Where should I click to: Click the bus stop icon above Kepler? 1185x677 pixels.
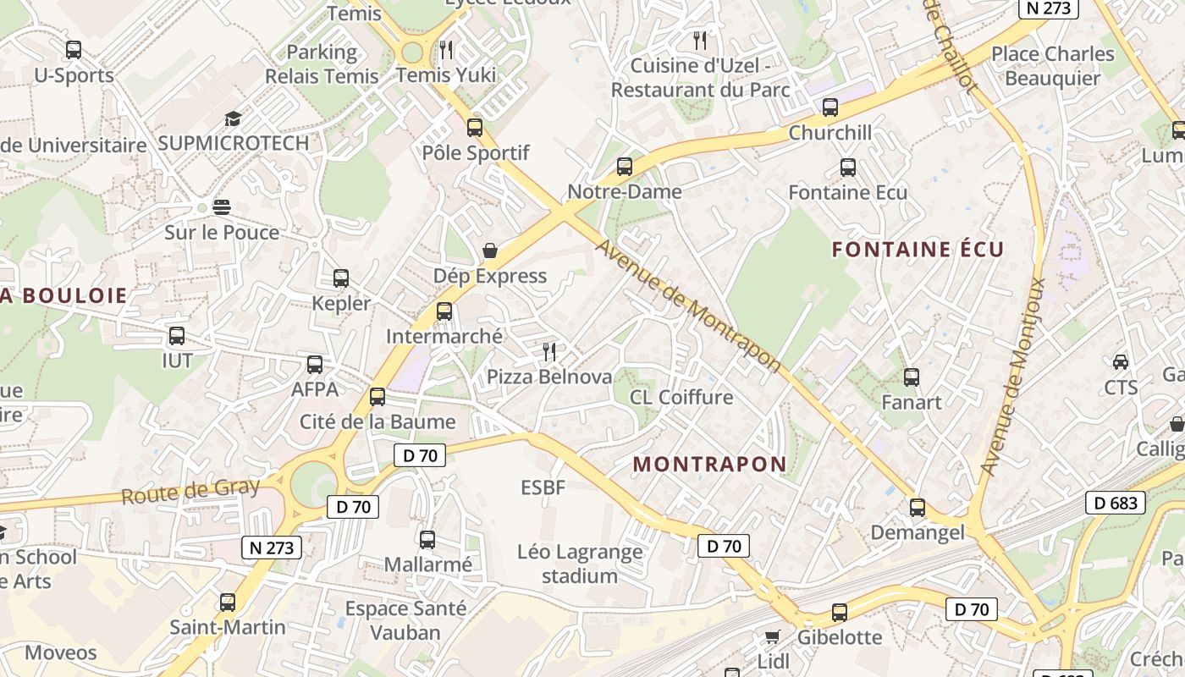[x=341, y=278]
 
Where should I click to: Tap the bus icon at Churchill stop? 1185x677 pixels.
[x=830, y=107]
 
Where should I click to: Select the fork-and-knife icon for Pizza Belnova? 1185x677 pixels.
[x=549, y=351]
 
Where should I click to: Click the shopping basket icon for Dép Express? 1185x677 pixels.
[x=490, y=250]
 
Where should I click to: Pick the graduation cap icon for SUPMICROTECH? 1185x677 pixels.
[x=233, y=118]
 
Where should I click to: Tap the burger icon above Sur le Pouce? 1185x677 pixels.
[x=222, y=207]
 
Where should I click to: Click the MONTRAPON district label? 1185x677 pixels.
[x=709, y=464]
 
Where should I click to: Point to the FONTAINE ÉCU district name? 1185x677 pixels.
[x=918, y=249]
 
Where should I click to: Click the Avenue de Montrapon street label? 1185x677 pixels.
[x=687, y=305]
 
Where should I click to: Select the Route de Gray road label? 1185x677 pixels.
[x=190, y=491]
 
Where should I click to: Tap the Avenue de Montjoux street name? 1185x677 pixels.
[x=1013, y=377]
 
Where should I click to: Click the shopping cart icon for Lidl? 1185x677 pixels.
[x=772, y=636]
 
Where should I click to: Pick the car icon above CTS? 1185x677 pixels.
[x=1120, y=362]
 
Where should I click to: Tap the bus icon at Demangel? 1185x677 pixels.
[x=918, y=508]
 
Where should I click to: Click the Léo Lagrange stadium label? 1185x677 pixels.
[x=580, y=564]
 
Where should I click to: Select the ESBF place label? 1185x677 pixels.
[x=543, y=487]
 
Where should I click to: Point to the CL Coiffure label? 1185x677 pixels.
[x=681, y=397]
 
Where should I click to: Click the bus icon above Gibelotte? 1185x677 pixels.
[x=840, y=612]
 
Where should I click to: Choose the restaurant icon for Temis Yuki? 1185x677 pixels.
[x=447, y=50]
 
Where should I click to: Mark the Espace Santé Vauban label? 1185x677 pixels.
[x=405, y=620]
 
